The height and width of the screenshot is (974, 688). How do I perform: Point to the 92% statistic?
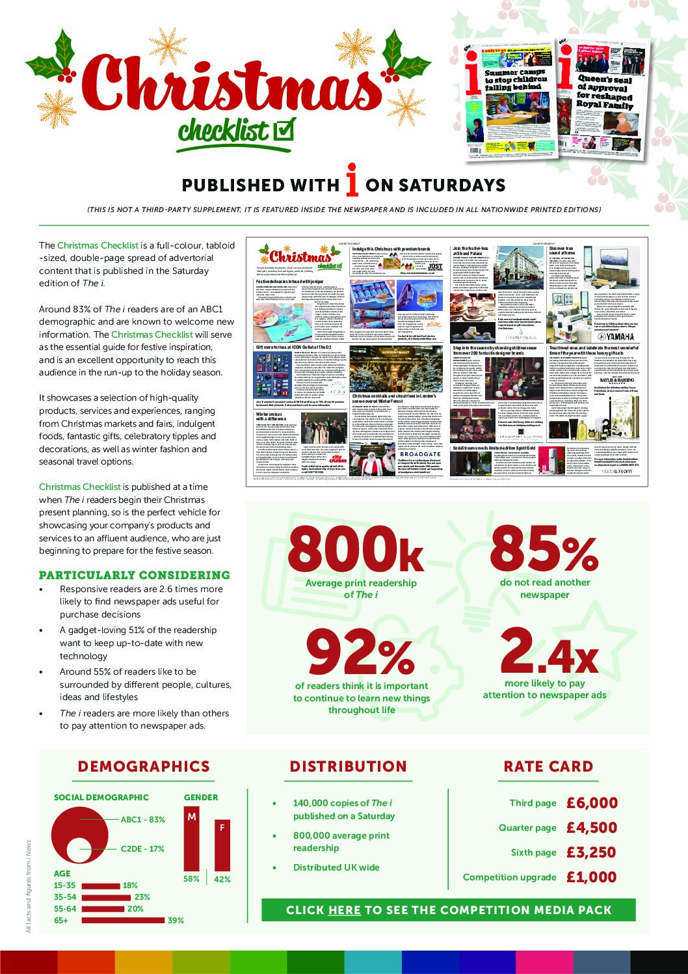(361, 654)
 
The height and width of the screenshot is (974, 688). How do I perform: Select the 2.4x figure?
(549, 651)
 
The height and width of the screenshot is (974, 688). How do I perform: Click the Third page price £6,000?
(592, 804)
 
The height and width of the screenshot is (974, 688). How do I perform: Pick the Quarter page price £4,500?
(592, 828)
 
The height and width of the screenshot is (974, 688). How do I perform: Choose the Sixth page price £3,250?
(592, 853)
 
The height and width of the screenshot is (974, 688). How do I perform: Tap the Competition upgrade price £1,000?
(592, 878)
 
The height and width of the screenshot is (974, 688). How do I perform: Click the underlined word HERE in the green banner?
(345, 910)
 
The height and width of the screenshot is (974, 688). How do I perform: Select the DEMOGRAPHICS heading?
(144, 766)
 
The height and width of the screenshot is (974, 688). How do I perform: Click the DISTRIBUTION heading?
(348, 766)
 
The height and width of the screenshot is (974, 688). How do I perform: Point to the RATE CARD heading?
(548, 766)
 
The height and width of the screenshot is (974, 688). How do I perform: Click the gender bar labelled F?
(222, 845)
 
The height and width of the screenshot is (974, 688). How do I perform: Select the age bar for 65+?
(123, 920)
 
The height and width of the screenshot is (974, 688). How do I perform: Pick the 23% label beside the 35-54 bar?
(142, 897)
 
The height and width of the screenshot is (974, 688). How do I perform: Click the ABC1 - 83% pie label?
(143, 820)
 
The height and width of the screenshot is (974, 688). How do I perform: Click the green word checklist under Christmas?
(223, 131)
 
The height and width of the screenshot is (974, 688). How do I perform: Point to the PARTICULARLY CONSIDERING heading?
(135, 575)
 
